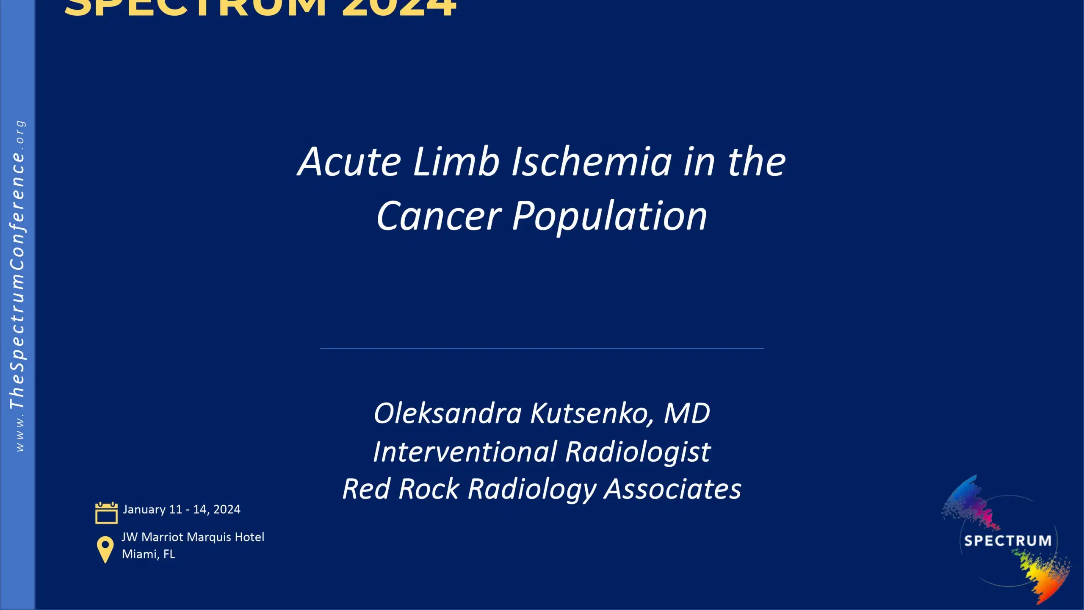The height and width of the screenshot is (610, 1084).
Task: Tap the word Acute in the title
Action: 349,162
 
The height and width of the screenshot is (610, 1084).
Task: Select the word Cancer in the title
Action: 439,216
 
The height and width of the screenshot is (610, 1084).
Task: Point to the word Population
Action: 610,216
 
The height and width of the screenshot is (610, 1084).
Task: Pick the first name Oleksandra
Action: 447,413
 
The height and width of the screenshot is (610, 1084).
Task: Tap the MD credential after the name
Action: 687,413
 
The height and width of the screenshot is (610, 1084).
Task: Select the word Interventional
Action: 465,452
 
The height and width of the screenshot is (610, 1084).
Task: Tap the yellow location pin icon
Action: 105,549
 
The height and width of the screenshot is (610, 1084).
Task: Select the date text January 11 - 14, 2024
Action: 182,509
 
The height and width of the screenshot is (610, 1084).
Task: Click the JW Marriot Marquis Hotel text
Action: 193,537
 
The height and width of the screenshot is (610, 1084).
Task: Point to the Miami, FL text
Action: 148,554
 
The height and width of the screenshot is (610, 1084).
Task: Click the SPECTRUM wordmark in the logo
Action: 1007,541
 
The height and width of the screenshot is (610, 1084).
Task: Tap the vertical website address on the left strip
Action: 18,286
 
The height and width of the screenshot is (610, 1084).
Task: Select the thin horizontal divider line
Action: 542,348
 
